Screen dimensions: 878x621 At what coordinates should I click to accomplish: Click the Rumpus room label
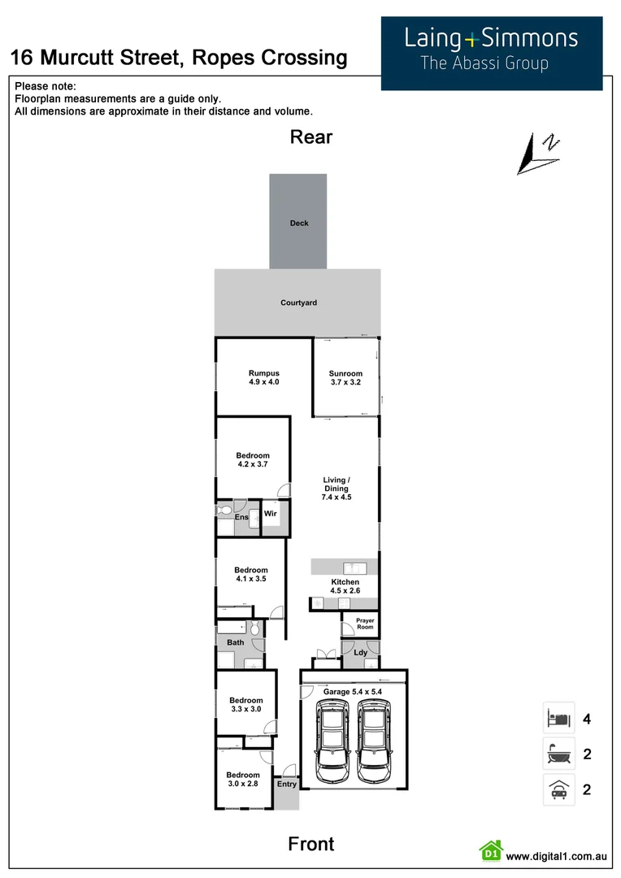[x=263, y=377]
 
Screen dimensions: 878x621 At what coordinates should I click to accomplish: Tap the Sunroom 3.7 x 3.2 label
[x=345, y=378]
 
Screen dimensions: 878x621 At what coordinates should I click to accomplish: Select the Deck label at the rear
[x=299, y=223]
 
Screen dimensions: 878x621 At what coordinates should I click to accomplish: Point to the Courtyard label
[x=298, y=302]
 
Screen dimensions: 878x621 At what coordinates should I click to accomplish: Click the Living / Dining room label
[x=336, y=489]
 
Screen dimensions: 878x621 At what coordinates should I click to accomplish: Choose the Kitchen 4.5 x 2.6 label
[x=345, y=587]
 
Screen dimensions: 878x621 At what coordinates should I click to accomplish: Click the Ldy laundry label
[x=360, y=652]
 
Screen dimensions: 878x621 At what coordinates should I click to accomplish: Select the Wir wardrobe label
[x=271, y=513]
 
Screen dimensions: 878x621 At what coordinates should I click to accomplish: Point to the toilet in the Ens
[x=225, y=511]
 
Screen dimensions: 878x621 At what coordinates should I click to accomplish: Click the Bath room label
[x=235, y=642]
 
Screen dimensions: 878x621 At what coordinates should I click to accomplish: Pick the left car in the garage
[x=331, y=737]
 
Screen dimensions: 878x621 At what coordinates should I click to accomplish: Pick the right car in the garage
[x=374, y=737]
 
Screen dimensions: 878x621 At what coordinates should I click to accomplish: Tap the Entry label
[x=286, y=784]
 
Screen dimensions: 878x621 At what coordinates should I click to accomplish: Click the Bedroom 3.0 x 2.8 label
[x=242, y=779]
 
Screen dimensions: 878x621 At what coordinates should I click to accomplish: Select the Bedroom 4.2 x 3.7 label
[x=252, y=459]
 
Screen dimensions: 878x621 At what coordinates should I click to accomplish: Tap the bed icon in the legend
[x=558, y=719]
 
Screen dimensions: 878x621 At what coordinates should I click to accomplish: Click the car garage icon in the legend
[x=558, y=789]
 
